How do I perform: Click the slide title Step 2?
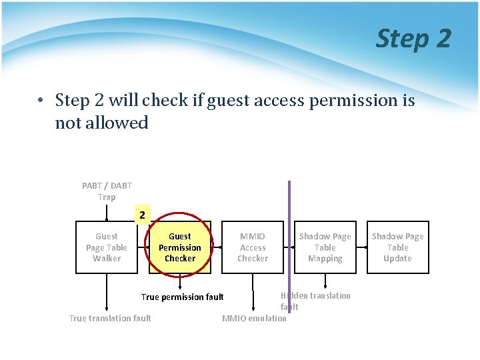click(x=413, y=39)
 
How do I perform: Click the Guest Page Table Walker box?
click(x=106, y=247)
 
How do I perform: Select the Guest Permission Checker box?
click(x=179, y=247)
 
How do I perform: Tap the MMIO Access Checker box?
click(x=253, y=247)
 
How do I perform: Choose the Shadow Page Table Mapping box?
click(x=325, y=247)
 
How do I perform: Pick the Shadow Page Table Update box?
click(x=397, y=247)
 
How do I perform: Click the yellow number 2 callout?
click(x=141, y=215)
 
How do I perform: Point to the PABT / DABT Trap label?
click(x=107, y=191)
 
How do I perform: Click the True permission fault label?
click(x=182, y=297)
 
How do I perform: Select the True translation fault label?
click(x=110, y=318)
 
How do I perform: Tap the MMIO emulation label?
click(x=254, y=318)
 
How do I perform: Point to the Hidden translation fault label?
click(x=316, y=301)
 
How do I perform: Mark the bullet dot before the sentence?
click(x=41, y=101)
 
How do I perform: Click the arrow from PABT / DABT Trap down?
click(x=107, y=212)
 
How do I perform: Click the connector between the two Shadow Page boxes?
click(x=361, y=247)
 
